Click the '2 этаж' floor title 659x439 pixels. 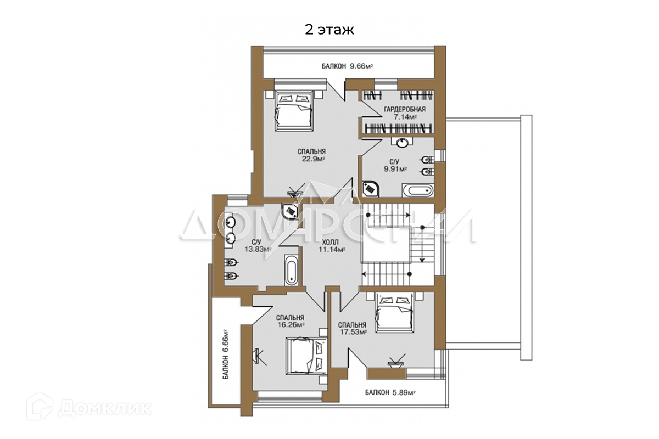click(329, 30)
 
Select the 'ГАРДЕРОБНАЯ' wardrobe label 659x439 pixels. click(405, 109)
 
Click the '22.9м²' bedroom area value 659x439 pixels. click(312, 159)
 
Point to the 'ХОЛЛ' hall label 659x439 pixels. click(330, 243)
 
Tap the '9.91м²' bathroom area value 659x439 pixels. click(395, 169)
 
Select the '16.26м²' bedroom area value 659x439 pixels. click(291, 325)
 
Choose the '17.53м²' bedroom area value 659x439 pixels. click(353, 332)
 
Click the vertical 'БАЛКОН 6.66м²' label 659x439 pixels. click(226, 354)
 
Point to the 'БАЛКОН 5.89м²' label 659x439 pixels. click(390, 392)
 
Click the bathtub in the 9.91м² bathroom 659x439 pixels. click(417, 190)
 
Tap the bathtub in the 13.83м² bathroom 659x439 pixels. click(292, 270)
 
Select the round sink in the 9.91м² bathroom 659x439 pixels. click(401, 143)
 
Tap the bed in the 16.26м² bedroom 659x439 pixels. click(306, 356)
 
